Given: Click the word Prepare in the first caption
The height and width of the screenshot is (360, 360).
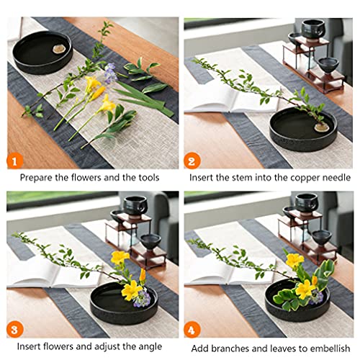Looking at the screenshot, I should pyautogui.click(x=36, y=177).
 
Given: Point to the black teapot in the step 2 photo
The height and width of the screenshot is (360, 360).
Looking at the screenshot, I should pyautogui.click(x=312, y=30).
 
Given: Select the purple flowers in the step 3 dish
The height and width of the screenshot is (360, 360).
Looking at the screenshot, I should pyautogui.click(x=142, y=297).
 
